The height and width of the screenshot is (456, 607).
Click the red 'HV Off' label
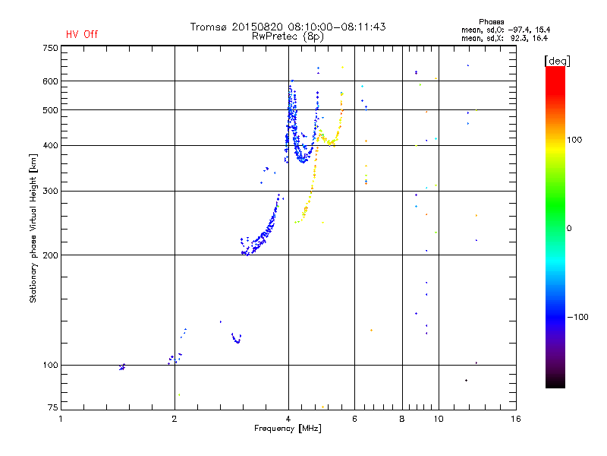click(81, 34)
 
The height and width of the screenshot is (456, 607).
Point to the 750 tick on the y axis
click(50, 47)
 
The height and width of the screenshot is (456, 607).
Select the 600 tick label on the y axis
click(50, 81)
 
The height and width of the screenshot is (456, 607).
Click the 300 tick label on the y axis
click(50, 191)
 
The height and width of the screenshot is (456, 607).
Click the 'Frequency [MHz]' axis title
click(288, 428)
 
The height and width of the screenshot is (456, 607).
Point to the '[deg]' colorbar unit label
click(557, 60)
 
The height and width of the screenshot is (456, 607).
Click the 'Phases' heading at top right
click(492, 21)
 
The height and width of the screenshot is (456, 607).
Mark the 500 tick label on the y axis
click(50, 109)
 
